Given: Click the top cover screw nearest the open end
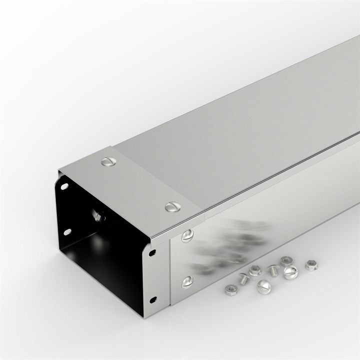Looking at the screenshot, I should point(108,161).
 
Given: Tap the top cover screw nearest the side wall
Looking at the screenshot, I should point(172,206).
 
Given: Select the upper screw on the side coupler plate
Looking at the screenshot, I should point(187,235).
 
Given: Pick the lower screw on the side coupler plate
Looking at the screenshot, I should point(187,282).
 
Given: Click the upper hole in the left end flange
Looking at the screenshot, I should point(64,186).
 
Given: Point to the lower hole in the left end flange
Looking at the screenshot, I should point(67,231).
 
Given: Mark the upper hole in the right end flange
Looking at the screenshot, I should point(152,253).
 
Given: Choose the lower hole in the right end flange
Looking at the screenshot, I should point(153,299).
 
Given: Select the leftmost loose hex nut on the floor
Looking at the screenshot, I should point(230,290).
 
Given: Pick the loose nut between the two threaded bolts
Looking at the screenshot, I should point(254,271).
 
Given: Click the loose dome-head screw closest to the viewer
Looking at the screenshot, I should point(263,287).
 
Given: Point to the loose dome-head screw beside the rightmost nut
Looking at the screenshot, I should point(290,272).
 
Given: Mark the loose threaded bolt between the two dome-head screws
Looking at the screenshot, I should point(273,270).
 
